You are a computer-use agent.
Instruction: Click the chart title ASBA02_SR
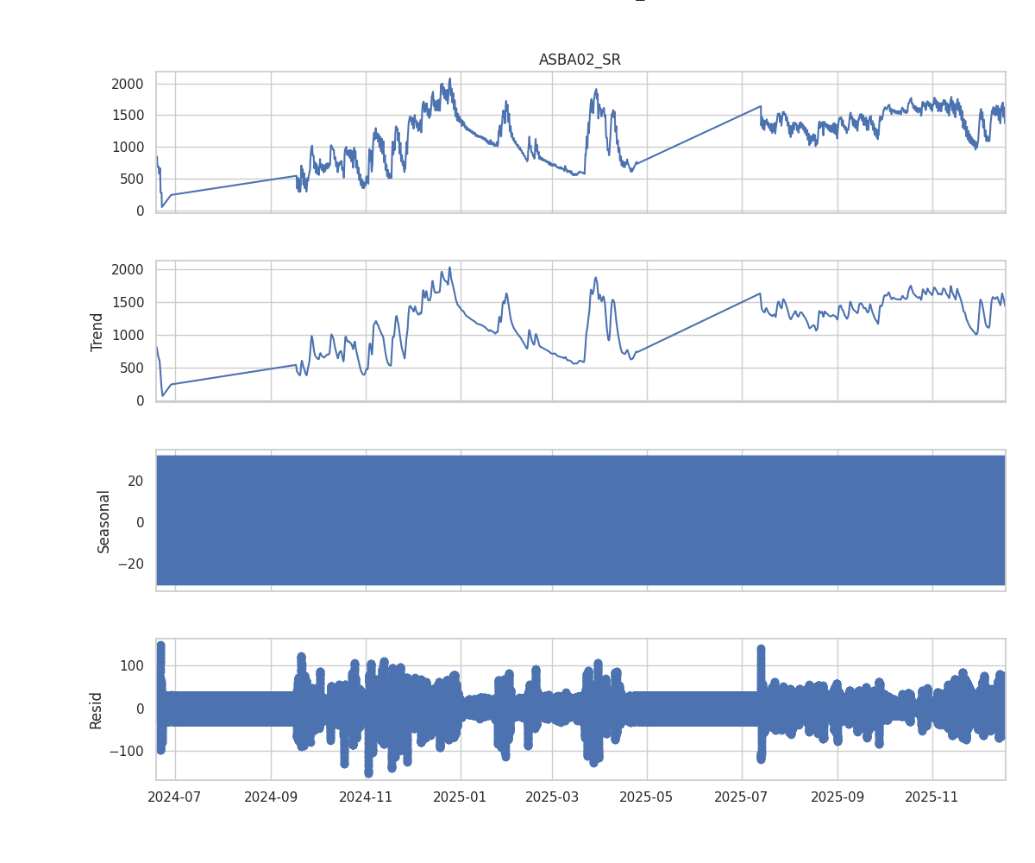click(x=580, y=60)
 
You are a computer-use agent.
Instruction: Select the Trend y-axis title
click(x=97, y=331)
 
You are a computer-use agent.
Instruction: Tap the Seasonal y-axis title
click(x=104, y=521)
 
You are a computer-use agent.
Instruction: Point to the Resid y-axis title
click(x=96, y=709)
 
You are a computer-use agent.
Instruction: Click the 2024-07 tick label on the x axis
click(x=175, y=796)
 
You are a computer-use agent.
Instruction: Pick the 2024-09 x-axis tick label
click(x=271, y=796)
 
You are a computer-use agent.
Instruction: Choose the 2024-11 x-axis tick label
click(x=366, y=796)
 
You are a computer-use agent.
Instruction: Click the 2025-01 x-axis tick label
click(x=461, y=796)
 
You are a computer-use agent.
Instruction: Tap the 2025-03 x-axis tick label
click(x=553, y=796)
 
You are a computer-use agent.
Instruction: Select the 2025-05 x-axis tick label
click(x=647, y=796)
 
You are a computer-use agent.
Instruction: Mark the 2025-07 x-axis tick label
click(x=742, y=796)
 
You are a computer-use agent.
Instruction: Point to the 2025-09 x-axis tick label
click(x=837, y=796)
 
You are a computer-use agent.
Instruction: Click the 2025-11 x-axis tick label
click(x=932, y=796)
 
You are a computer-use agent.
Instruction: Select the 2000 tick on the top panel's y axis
click(x=129, y=84)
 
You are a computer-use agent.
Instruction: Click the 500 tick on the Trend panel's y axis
click(x=133, y=369)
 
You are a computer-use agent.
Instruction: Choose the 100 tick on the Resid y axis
click(x=132, y=665)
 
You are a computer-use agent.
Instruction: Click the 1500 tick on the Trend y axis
click(x=129, y=303)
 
